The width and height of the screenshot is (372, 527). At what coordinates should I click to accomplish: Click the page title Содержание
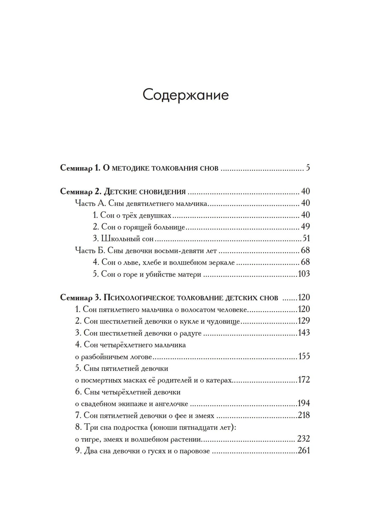pos(186,95)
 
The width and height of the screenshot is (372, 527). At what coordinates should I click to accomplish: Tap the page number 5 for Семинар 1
pos(308,168)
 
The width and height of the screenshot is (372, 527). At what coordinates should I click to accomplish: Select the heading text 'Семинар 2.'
pos(80,192)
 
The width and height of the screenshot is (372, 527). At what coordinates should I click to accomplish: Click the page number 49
pos(305,227)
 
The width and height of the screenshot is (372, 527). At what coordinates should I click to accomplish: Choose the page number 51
pos(306,239)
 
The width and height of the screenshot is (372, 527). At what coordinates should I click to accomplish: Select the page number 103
pos(304,274)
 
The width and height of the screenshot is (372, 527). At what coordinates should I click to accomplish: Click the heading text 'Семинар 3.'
pos(80,298)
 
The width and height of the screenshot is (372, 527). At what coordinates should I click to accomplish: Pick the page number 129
pos(304,321)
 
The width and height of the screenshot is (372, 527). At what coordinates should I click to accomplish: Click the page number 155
pos(304,356)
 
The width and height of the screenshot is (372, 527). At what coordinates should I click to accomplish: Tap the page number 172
pos(304,380)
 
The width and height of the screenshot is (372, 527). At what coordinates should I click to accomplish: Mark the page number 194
pos(304,404)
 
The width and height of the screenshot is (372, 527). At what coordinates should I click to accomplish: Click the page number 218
pos(304,416)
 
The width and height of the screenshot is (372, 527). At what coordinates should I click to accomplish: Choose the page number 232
pos(304,439)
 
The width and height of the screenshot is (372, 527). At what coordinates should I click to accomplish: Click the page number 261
pos(304,451)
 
